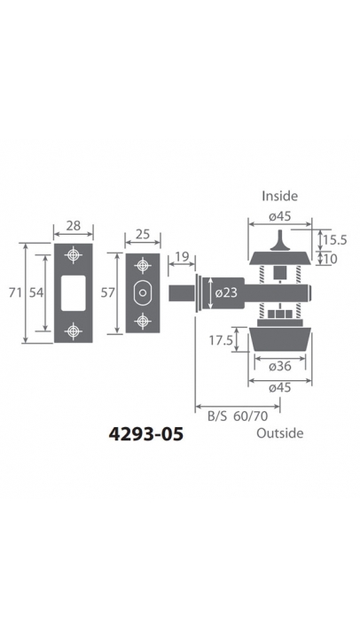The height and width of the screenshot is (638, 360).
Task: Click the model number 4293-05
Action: (145, 434)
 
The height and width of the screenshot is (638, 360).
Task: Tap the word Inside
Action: (280, 196)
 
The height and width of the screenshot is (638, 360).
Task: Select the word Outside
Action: (280, 433)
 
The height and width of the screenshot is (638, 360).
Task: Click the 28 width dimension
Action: (74, 225)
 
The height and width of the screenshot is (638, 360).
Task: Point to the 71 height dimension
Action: (15, 292)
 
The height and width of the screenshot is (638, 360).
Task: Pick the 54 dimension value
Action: (36, 292)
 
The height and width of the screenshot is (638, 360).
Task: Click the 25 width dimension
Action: (143, 234)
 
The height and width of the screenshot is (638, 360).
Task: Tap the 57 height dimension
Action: (108, 292)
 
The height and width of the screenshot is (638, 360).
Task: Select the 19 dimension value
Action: (182, 257)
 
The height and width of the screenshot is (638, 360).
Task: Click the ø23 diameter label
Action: (226, 292)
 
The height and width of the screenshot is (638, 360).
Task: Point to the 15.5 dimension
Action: (335, 240)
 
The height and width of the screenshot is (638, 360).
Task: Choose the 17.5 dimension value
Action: (221, 340)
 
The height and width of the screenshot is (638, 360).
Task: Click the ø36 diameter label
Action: (280, 366)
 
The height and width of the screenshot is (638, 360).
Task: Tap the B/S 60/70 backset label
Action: (238, 416)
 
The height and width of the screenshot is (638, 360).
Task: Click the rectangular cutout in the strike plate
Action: (74, 293)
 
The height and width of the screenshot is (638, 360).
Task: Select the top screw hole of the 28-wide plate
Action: (74, 255)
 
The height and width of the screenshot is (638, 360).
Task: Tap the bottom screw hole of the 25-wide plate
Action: (143, 321)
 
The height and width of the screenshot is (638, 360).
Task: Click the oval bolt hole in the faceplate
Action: (143, 292)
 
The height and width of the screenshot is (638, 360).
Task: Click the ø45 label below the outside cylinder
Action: (280, 388)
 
